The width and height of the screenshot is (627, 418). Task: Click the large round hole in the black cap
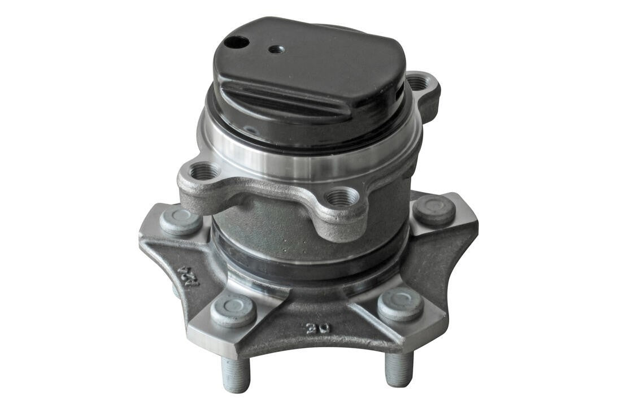(236, 42)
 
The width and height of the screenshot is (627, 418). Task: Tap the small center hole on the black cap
(276, 49)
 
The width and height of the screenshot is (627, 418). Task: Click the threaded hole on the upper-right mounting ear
(418, 83)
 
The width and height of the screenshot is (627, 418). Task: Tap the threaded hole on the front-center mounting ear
(342, 198)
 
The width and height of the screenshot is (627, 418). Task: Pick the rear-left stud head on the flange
(180, 220)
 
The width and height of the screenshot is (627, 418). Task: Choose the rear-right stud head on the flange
(434, 210)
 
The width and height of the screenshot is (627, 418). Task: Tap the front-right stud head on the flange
(400, 304)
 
